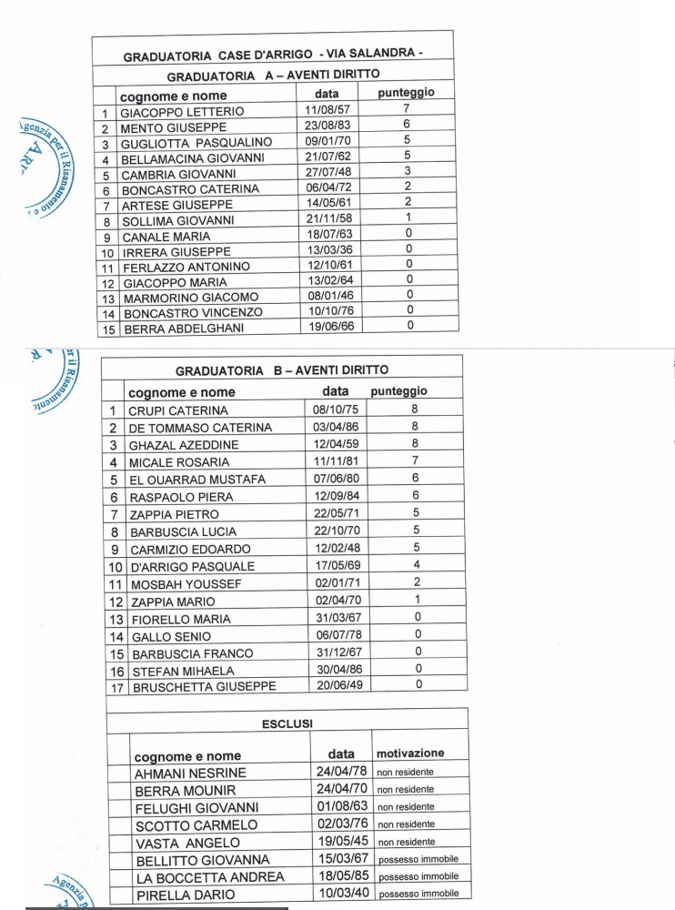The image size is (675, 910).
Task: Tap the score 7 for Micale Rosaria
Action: (x=415, y=461)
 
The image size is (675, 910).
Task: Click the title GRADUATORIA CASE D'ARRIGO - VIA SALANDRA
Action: (x=272, y=55)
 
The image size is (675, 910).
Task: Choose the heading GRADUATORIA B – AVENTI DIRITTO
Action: (x=281, y=370)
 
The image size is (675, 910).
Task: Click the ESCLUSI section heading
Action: (x=287, y=723)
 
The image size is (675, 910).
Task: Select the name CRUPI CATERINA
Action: (x=178, y=410)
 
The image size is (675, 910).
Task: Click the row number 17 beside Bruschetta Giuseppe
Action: (x=116, y=687)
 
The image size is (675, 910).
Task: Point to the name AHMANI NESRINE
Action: (x=190, y=773)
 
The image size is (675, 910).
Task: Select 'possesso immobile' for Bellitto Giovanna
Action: (x=418, y=860)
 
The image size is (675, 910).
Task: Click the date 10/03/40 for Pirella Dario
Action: (x=341, y=895)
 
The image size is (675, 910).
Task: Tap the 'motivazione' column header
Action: (x=410, y=753)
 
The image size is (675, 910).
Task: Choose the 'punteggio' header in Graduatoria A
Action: (x=406, y=92)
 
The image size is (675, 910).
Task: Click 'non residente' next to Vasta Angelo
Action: (x=407, y=843)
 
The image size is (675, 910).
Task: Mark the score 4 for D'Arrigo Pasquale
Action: (x=416, y=565)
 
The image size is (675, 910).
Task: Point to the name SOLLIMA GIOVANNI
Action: (x=177, y=220)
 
